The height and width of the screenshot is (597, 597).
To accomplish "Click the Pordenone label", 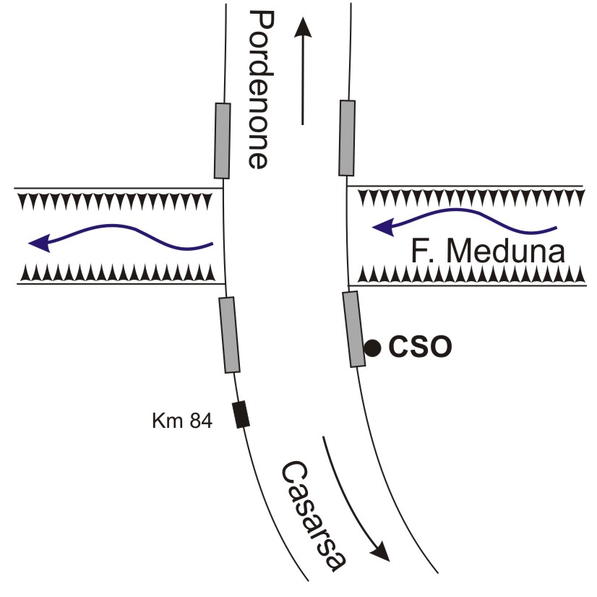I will (257, 89).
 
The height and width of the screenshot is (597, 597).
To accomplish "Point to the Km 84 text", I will (182, 421).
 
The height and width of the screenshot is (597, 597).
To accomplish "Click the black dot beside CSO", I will (372, 348).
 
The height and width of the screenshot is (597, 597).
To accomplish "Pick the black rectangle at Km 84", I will (240, 415).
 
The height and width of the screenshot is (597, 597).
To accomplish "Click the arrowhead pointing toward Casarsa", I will (381, 552).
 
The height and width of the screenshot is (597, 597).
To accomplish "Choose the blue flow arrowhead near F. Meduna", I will (382, 229).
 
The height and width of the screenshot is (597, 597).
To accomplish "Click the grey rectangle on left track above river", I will (222, 140).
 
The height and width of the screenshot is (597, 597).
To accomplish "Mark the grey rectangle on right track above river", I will (347, 137).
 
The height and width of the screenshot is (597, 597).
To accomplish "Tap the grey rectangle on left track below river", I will (229, 335).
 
